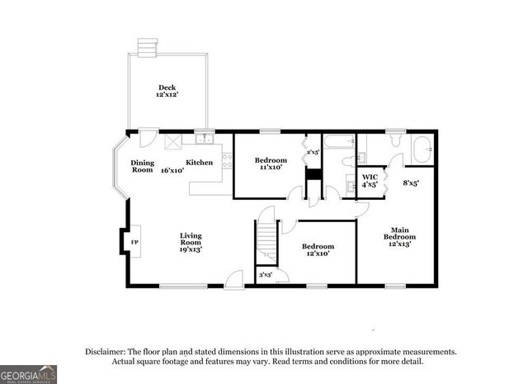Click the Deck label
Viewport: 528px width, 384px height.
click(167, 88)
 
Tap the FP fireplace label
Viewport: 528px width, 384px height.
click(134, 242)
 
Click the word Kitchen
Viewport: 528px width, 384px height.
click(199, 163)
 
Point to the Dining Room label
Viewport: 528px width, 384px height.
click(142, 166)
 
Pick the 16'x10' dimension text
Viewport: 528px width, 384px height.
click(172, 170)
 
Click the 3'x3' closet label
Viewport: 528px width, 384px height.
click(266, 274)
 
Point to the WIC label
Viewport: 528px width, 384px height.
click(370, 177)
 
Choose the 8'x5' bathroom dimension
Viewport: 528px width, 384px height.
click(410, 183)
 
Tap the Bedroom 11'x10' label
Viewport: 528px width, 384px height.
click(270, 164)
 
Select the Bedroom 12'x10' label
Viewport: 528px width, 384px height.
click(318, 250)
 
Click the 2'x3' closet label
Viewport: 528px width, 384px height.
click(313, 152)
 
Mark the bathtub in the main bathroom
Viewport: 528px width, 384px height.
click(421, 152)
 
